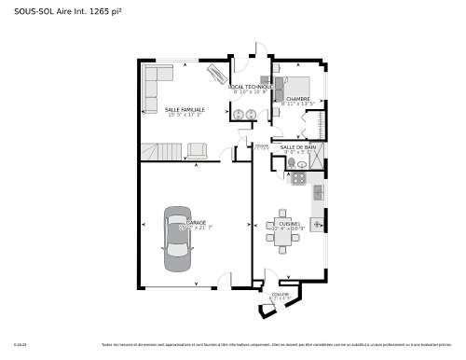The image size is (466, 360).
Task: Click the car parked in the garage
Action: [177, 238]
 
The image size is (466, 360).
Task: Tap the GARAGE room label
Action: [197, 222]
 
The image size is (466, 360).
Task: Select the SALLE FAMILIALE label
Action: [185, 109]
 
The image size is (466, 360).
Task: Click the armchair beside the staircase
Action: [198, 149]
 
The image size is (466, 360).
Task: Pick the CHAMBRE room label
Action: [297, 99]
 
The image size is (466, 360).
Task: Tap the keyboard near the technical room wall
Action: [216, 74]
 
